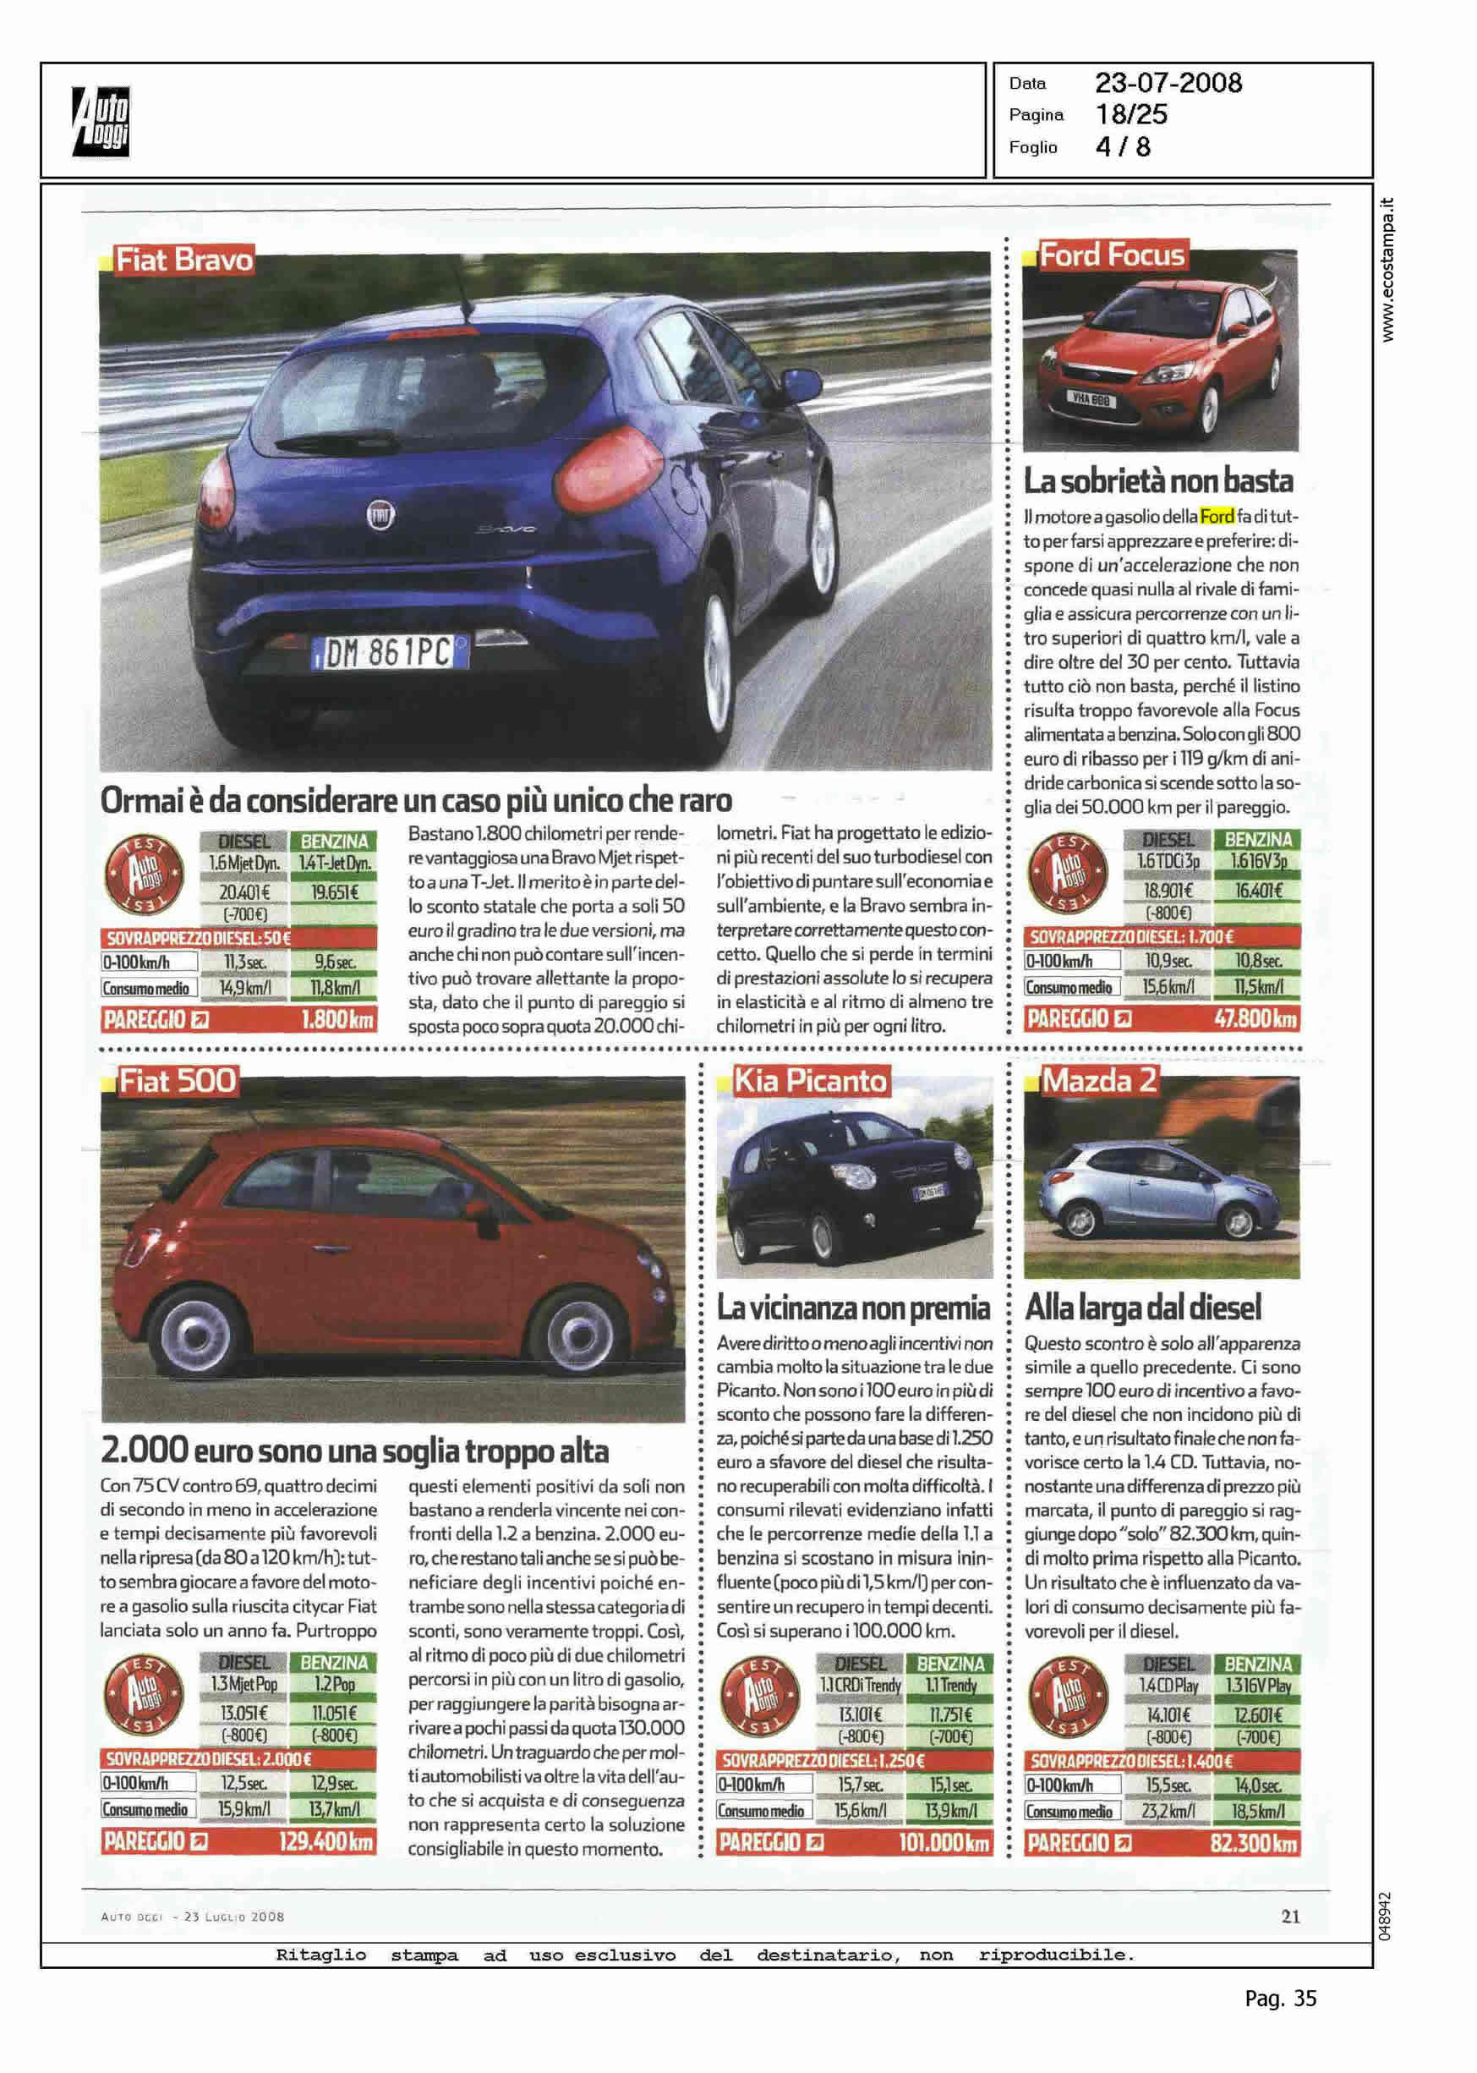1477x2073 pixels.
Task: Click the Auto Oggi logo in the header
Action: tap(101, 121)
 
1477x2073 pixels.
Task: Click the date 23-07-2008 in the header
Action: tap(1168, 83)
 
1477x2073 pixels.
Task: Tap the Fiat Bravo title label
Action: tap(183, 260)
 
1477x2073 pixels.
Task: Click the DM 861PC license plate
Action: tap(389, 651)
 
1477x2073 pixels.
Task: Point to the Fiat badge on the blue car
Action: tap(380, 515)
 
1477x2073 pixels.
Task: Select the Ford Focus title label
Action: tap(1112, 255)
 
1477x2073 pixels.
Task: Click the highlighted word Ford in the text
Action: tap(1217, 517)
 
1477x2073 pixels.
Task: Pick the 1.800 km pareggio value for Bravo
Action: tap(336, 1020)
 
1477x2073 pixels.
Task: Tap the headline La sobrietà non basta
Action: tap(1157, 480)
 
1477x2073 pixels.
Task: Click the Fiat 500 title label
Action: tap(178, 1081)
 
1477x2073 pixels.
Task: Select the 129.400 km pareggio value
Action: tap(325, 1842)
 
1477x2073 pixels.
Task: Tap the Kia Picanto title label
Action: tap(810, 1081)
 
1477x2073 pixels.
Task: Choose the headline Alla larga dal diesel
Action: tap(1142, 1307)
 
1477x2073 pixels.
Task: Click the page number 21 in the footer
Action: tap(1289, 1917)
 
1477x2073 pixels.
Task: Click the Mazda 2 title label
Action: tap(1098, 1081)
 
